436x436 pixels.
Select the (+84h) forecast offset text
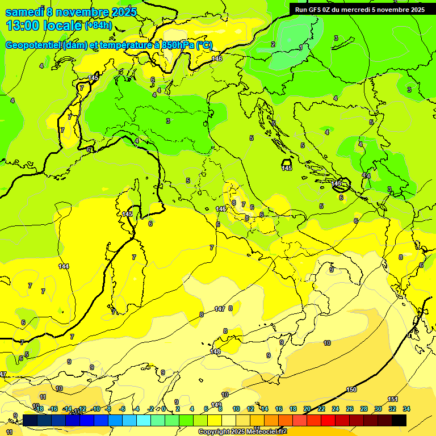point(98,26)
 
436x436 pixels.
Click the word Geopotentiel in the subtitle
point(34,45)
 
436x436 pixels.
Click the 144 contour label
point(64,266)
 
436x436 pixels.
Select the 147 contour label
point(220,309)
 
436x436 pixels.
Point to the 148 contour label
point(215,352)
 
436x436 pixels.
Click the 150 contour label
point(351,389)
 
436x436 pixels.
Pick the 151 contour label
point(393,400)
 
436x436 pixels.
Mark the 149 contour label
point(216,405)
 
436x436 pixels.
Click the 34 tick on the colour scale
point(406,409)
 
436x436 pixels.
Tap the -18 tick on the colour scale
point(39,409)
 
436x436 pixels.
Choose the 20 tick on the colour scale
point(307,409)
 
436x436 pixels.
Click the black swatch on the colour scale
point(399,420)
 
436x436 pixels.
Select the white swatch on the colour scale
point(229,420)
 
